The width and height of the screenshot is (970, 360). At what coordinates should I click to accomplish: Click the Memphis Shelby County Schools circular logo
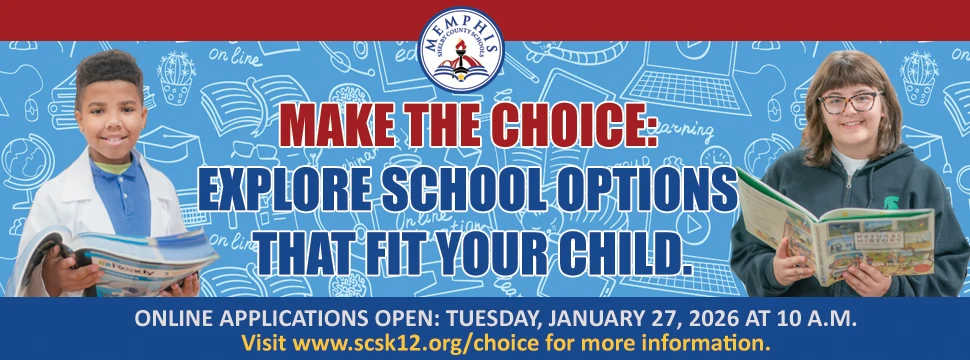(461, 46)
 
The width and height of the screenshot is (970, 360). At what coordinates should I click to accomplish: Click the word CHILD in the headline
(626, 249)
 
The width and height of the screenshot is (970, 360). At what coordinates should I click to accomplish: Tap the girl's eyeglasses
(850, 102)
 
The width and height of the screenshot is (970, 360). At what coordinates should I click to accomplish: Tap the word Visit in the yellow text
(263, 343)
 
